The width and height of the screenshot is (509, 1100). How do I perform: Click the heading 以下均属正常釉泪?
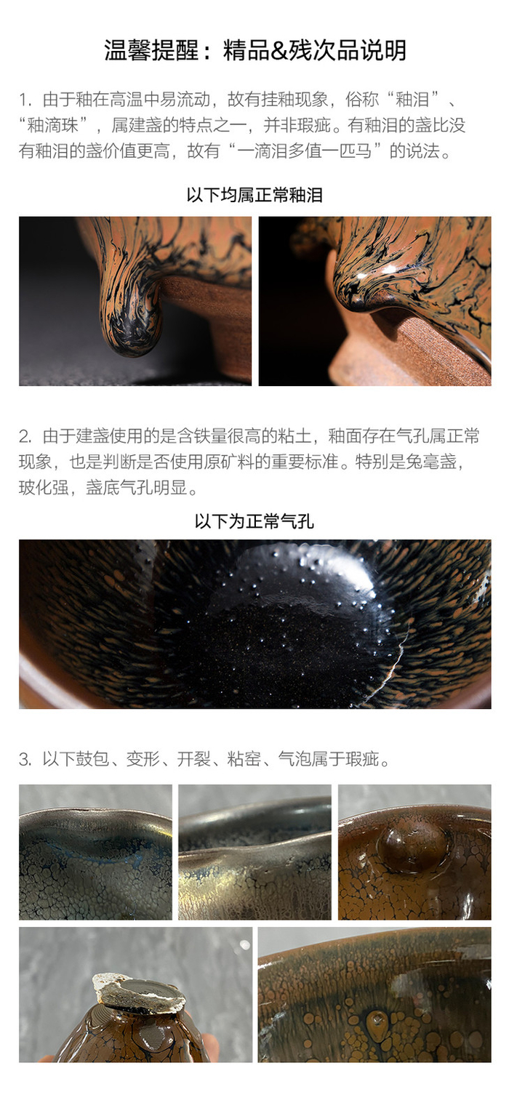tap(254, 196)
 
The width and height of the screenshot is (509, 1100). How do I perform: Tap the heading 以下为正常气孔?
tap(254, 521)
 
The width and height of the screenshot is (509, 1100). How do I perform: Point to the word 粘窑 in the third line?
tap(244, 759)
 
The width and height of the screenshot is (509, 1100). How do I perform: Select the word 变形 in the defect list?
tap(143, 759)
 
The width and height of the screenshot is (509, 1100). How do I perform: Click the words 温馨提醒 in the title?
tap(151, 51)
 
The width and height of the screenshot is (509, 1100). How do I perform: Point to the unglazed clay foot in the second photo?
tap(374, 344)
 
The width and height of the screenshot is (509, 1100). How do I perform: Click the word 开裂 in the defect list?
tap(193, 759)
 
